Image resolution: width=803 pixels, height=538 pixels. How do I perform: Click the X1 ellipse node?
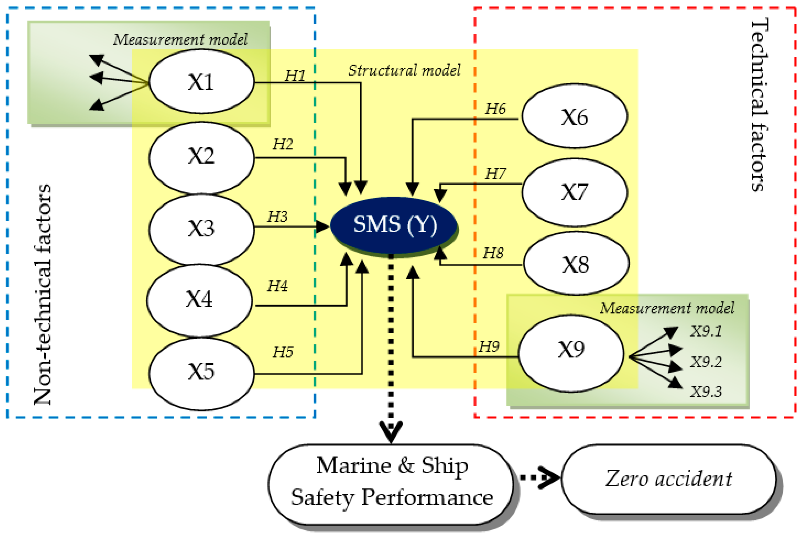(x=202, y=82)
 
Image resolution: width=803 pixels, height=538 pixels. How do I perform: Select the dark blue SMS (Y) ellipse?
(x=394, y=225)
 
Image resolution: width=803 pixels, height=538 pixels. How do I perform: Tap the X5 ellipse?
(x=202, y=373)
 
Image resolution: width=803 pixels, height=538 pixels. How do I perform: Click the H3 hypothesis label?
(x=277, y=217)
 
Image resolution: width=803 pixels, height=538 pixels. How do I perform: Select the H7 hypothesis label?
(x=495, y=174)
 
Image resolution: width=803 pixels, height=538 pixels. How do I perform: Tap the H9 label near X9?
(x=489, y=347)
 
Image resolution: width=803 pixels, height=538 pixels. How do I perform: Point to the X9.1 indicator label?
(x=706, y=331)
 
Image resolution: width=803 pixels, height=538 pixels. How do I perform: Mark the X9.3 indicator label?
(x=706, y=391)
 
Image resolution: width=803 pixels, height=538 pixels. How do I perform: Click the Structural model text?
(x=404, y=70)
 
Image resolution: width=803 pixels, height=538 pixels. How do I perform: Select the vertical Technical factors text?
(x=759, y=105)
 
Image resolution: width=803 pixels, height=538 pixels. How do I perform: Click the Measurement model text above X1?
(x=180, y=40)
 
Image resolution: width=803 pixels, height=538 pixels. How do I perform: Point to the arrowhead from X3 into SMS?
(x=323, y=227)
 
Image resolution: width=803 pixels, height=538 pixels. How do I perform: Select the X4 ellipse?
(x=199, y=300)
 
